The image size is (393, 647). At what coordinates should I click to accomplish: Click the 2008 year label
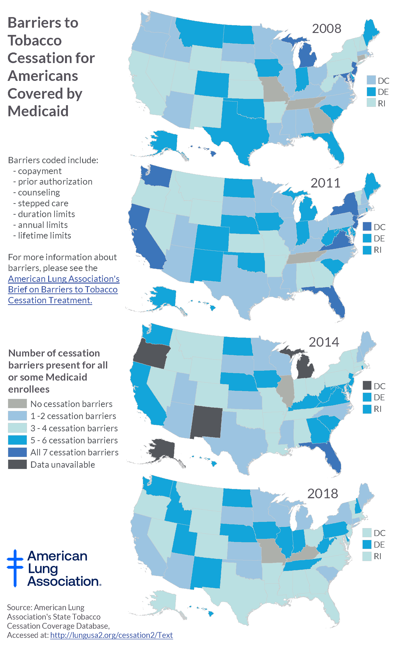pos(326,28)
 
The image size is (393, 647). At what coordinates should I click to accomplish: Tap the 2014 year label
pos(324,342)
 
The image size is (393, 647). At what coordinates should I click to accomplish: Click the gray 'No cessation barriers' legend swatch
pos(17,404)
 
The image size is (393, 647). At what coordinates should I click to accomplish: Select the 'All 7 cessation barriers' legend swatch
pos(17,452)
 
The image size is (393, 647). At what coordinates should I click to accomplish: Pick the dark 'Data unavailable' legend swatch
pos(17,464)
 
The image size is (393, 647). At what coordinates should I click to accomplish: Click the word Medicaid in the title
pos(38,111)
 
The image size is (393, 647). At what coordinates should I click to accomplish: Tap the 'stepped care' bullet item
pos(43,203)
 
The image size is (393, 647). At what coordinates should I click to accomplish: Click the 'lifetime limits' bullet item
pos(44,236)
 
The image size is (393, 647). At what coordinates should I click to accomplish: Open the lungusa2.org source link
pos(111,635)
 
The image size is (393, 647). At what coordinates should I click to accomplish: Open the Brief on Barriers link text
pos(63,289)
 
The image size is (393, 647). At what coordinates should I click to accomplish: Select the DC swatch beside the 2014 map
pos(367,385)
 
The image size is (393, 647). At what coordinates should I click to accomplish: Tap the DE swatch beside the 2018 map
pos(367,544)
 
